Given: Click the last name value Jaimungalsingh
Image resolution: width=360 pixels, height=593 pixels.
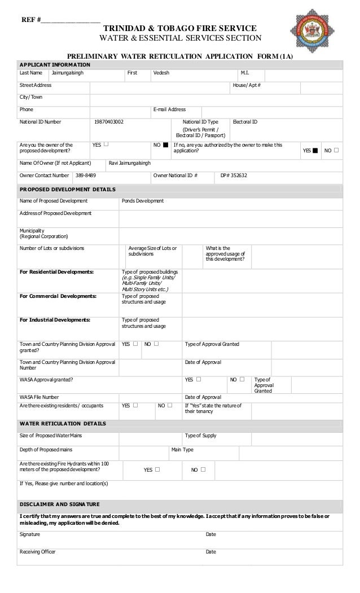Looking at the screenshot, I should click(67, 73).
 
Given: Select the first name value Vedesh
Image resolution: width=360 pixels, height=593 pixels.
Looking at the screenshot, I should click(161, 73).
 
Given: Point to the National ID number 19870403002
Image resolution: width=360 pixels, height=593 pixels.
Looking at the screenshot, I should click(108, 122).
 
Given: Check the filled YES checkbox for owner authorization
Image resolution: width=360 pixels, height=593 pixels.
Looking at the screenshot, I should click(315, 151).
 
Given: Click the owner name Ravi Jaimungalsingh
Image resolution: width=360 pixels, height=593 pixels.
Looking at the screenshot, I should click(130, 163).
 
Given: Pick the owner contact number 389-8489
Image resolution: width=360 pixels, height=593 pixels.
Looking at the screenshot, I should click(86, 175).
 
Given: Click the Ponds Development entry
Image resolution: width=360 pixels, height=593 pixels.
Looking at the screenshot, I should click(143, 201).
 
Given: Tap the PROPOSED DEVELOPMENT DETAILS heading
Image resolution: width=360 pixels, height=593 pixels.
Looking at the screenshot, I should click(67, 190).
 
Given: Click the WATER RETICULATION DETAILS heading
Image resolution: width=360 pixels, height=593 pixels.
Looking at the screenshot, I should click(63, 424).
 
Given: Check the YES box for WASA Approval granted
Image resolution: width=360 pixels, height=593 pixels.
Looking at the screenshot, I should click(199, 380).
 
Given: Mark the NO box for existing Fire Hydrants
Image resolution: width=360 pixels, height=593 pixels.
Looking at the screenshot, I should click(203, 469).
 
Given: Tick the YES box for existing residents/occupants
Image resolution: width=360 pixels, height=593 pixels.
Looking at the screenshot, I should click(135, 405).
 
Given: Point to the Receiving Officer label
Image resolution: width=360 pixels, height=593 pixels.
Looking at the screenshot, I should click(38, 552).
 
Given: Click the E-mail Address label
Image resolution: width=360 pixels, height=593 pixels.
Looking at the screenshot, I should click(169, 109).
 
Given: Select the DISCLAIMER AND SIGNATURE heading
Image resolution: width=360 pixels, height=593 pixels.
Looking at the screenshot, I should click(59, 504).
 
